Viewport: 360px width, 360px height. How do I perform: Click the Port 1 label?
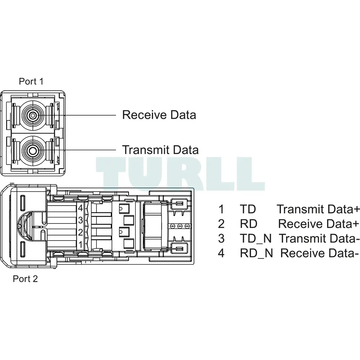pyautogui.click(x=31, y=81)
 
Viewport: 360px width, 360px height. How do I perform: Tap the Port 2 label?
pyautogui.click(x=25, y=279)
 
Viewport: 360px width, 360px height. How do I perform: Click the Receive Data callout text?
pyautogui.click(x=159, y=115)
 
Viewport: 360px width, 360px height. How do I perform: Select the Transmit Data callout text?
pyautogui.click(x=160, y=150)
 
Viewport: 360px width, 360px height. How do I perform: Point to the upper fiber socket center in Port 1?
pyautogui.click(x=33, y=115)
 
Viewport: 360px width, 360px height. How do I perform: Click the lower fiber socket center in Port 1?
pyautogui.click(x=33, y=150)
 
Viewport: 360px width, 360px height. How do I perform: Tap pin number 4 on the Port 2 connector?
pyautogui.click(x=80, y=208)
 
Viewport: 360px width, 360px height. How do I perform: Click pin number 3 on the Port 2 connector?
pyautogui.click(x=80, y=220)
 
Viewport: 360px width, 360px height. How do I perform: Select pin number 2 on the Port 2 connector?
pyautogui.click(x=80, y=232)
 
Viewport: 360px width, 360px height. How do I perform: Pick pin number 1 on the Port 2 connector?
pyautogui.click(x=80, y=244)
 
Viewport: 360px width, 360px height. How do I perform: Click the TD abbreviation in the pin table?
pyautogui.click(x=248, y=209)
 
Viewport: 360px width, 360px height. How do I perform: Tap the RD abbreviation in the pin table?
pyautogui.click(x=248, y=224)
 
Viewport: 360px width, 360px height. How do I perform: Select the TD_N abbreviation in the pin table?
pyautogui.click(x=256, y=239)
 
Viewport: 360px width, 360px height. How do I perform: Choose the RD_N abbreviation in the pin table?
pyautogui.click(x=256, y=253)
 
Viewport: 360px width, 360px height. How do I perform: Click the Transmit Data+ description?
pyautogui.click(x=318, y=209)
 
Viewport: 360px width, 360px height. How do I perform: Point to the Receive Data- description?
pyautogui.click(x=319, y=253)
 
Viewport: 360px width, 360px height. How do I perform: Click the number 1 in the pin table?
pyautogui.click(x=221, y=209)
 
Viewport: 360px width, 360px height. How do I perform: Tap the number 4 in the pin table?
pyautogui.click(x=221, y=253)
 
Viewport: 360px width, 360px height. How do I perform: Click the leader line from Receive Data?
pyautogui.click(x=75, y=115)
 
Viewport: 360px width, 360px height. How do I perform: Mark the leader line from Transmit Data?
pyautogui.click(x=75, y=150)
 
